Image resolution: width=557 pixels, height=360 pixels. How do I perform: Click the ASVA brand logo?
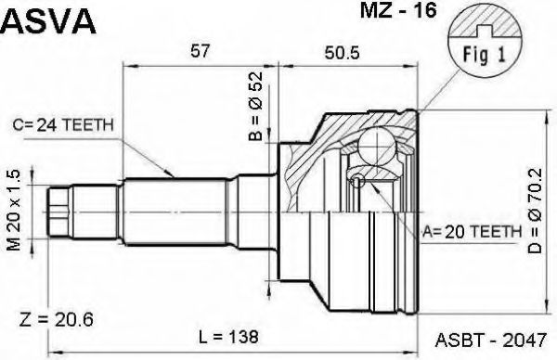(48, 20)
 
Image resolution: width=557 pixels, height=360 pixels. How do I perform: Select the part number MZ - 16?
(398, 10)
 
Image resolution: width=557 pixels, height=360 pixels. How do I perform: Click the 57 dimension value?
(200, 51)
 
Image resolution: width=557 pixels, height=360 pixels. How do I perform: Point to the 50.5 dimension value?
(342, 53)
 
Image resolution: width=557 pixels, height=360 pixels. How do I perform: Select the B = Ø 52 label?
(256, 106)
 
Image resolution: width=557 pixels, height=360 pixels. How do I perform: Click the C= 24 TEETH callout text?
(63, 125)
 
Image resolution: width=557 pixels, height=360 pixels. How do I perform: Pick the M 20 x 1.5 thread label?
(14, 211)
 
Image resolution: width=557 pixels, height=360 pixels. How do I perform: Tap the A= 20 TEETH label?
(472, 232)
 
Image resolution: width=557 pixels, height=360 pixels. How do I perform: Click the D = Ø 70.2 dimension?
(535, 211)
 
